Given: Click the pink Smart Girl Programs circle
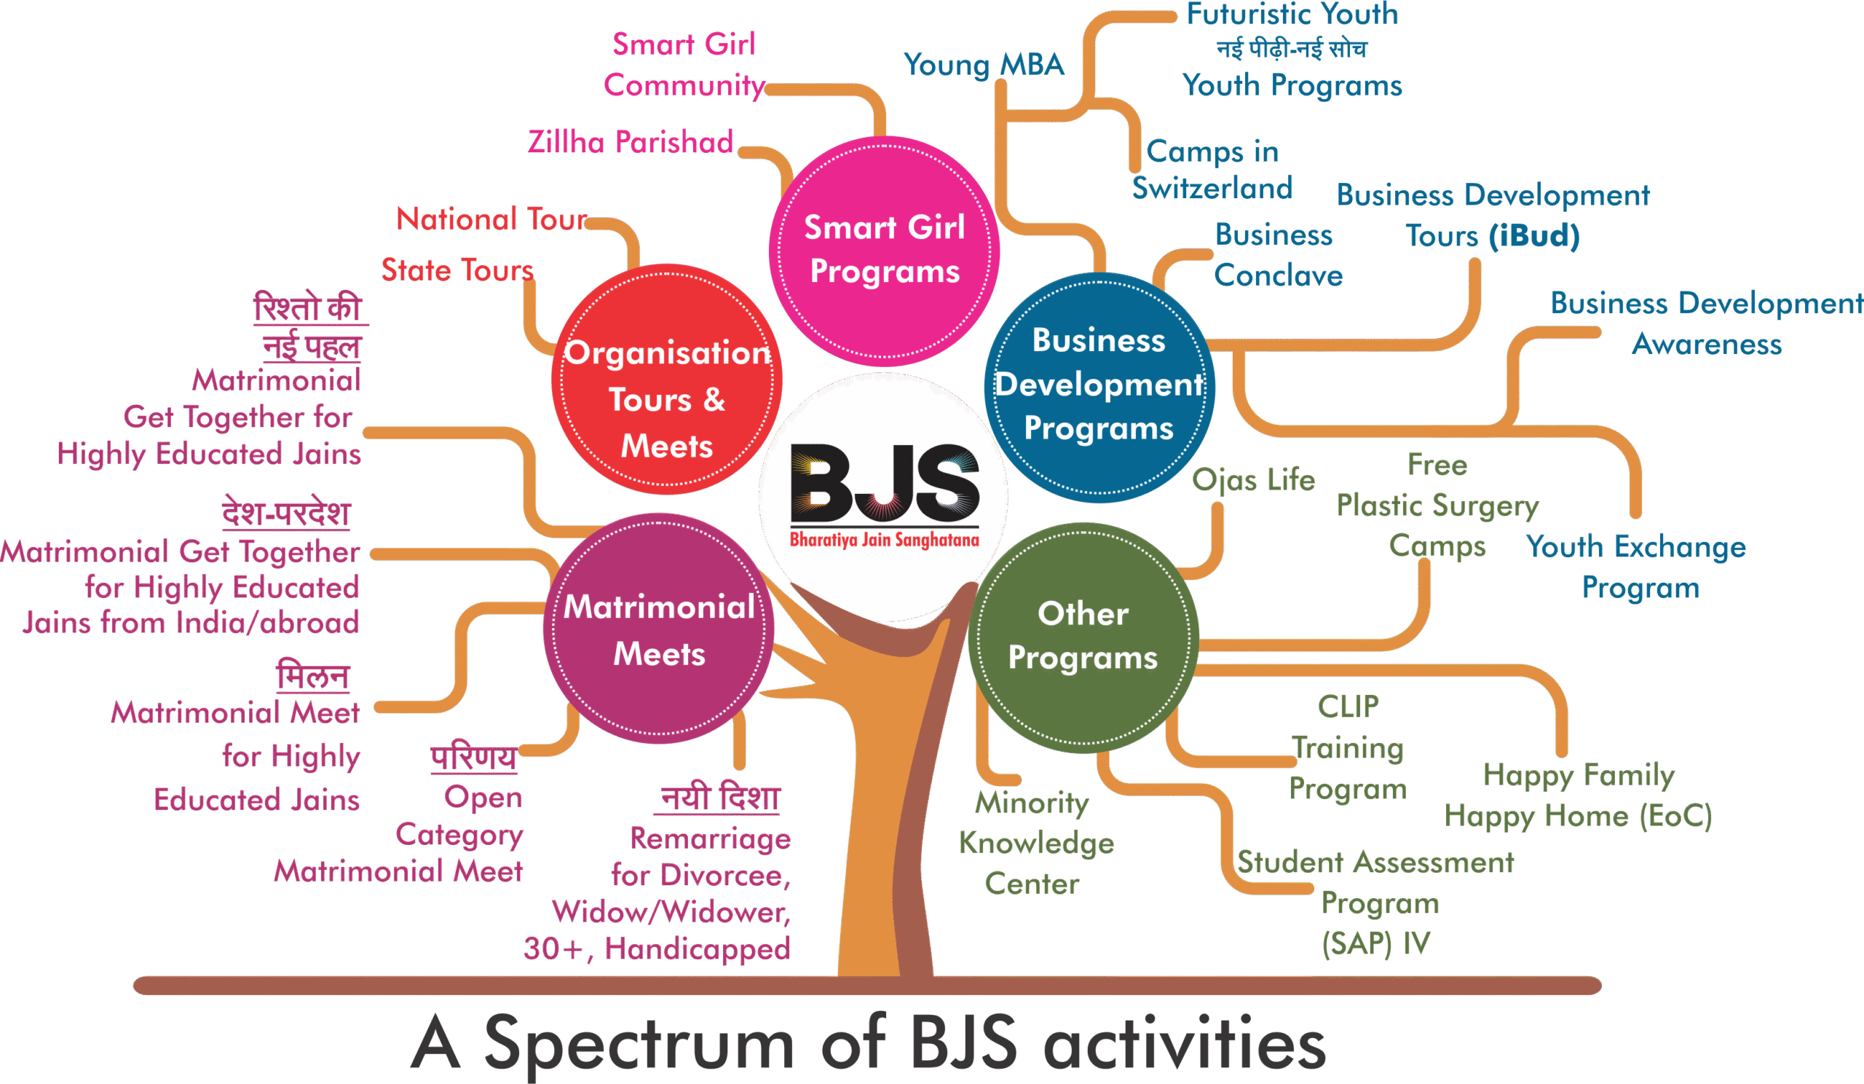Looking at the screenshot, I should click(885, 250).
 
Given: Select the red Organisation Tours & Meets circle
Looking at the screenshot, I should click(666, 380).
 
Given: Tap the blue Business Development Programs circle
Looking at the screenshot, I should click(1099, 387).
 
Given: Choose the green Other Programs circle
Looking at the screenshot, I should click(1083, 637).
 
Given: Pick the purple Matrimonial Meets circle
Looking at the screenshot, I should click(658, 629).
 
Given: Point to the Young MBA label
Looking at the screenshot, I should click(984, 65).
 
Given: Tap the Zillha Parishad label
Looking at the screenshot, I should click(631, 142).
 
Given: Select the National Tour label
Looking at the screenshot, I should click(492, 219).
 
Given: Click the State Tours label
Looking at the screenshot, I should click(457, 270).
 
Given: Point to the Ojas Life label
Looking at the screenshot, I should click(1254, 480).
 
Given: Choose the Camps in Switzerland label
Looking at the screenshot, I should click(1212, 170).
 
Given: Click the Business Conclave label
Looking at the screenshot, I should click(1277, 255).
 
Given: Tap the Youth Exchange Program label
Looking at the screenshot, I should click(1637, 567).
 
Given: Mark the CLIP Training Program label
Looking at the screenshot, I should click(1348, 747).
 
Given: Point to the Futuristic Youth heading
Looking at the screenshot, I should click(1292, 15).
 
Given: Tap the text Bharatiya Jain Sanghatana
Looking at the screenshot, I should click(884, 539).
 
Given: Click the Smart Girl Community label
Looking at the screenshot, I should click(684, 65).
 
